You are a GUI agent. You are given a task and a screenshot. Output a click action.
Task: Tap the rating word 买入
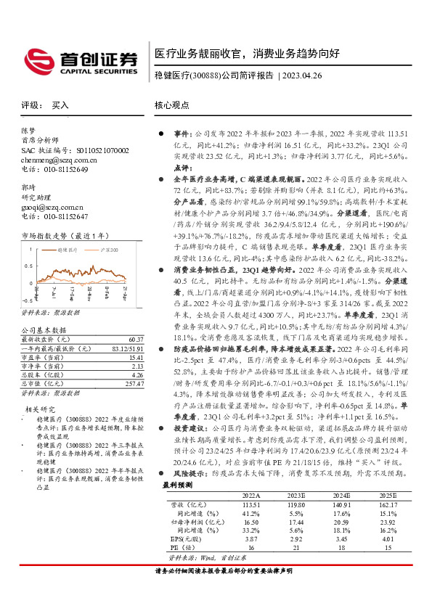point(60,105)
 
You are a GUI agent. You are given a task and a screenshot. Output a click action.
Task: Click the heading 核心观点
point(172,105)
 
